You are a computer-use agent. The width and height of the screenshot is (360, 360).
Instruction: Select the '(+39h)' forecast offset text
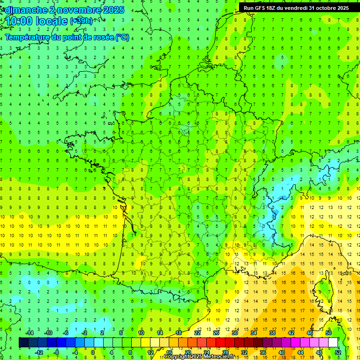(81, 21)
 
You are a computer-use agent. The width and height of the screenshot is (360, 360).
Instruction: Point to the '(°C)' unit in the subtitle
(122, 37)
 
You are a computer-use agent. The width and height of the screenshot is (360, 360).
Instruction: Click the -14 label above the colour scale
(30, 333)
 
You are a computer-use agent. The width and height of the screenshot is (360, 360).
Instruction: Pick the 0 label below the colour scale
(92, 352)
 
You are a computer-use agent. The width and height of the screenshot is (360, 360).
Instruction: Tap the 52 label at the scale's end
(338, 352)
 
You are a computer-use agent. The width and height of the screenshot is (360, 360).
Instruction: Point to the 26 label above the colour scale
(216, 333)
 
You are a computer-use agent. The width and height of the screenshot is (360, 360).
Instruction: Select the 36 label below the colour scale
(262, 352)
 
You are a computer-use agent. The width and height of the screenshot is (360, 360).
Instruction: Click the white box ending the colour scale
(333, 343)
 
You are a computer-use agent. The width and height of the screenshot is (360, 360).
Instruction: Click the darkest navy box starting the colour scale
(23, 343)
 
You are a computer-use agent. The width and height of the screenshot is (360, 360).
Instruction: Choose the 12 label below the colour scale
(150, 352)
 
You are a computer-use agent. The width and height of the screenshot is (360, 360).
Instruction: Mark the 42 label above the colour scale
(291, 333)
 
